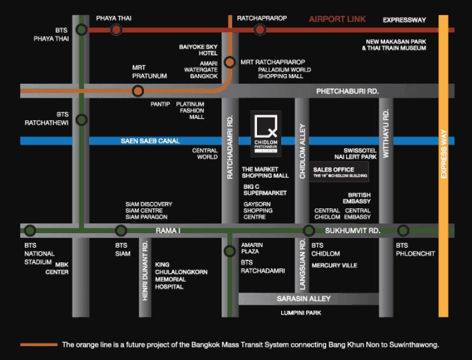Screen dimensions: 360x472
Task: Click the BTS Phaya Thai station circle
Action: pyautogui.click(x=81, y=29)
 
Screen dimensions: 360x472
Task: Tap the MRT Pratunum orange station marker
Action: pyautogui.click(x=138, y=91)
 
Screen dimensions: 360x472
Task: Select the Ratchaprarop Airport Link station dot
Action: pyautogui.click(x=260, y=29)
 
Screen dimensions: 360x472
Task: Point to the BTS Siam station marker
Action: pyautogui.click(x=121, y=231)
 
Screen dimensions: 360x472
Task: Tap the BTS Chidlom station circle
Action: pyautogui.click(x=309, y=231)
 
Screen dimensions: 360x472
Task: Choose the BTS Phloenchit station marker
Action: pyautogui.click(x=403, y=231)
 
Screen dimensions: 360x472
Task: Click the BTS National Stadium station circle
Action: pyautogui.click(x=30, y=231)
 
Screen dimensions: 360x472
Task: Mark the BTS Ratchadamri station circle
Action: pyautogui.click(x=229, y=251)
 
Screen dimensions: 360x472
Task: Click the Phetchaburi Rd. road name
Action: pyautogui.click(x=347, y=91)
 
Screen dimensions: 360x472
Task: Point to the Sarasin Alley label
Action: pyautogui.click(x=303, y=299)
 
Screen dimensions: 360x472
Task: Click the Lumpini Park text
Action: pyautogui.click(x=301, y=313)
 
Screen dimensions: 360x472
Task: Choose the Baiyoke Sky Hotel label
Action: pyautogui.click(x=198, y=50)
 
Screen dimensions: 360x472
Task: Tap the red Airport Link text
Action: pyautogui.click(x=337, y=19)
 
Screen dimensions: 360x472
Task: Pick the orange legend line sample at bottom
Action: pyautogui.click(x=39, y=345)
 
